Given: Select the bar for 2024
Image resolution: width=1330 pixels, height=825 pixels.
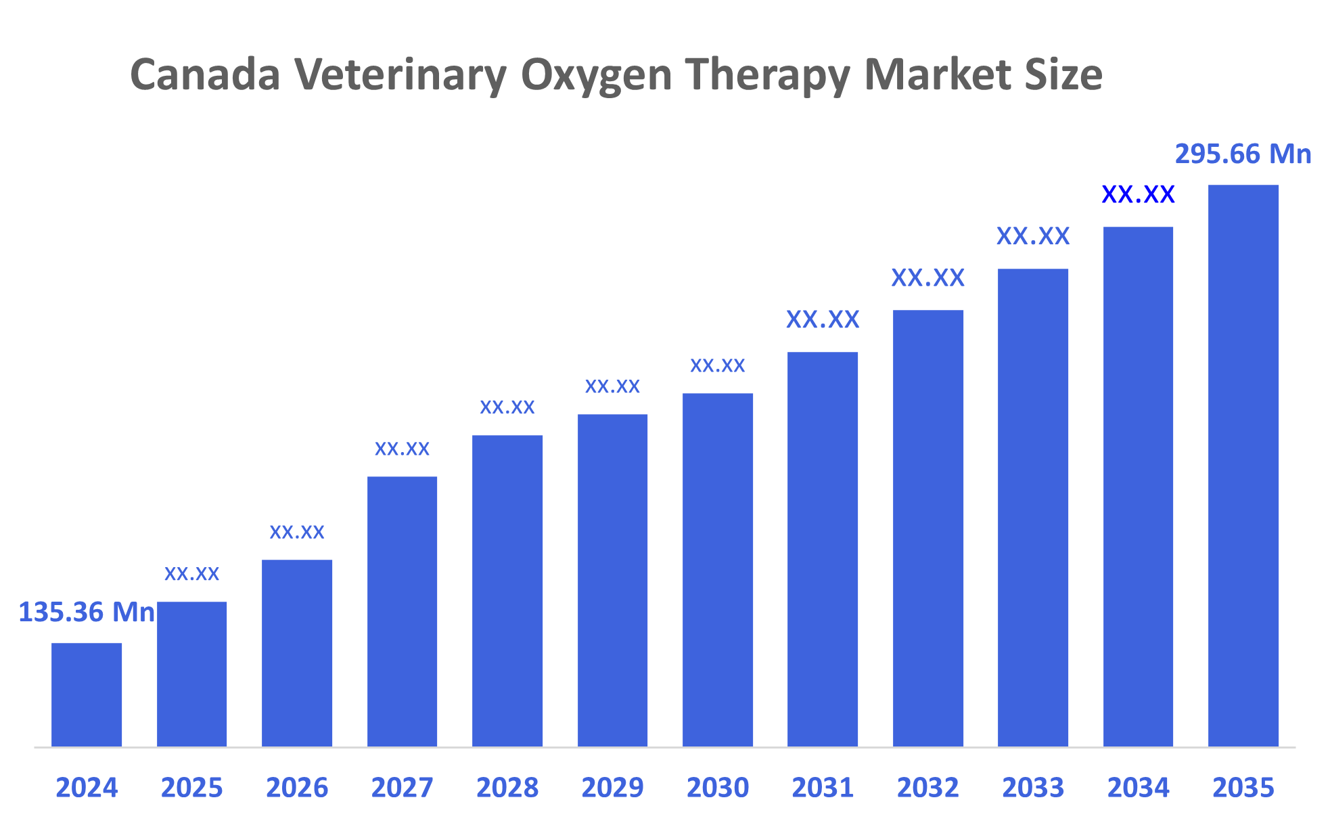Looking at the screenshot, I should [x=87, y=694].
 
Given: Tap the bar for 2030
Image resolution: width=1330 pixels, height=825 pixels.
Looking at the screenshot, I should [x=717, y=570].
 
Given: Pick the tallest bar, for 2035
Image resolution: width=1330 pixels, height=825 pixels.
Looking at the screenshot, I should [x=1243, y=466].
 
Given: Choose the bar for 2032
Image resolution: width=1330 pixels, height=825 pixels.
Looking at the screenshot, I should [x=927, y=528].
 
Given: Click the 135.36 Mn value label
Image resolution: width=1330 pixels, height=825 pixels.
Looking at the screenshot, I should [x=87, y=612].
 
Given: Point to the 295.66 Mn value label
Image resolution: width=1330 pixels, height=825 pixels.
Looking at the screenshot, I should [x=1243, y=154].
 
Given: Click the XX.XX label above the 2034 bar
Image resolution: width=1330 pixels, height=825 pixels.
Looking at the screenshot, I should [x=1138, y=195].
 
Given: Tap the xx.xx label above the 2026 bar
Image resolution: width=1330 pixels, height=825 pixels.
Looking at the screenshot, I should [x=297, y=532].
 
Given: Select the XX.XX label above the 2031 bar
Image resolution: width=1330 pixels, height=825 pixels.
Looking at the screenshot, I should [x=823, y=319].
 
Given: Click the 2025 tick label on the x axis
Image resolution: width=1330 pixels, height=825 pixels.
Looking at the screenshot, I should [x=191, y=788].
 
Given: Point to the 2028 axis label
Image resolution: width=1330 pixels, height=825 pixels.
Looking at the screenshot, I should [x=507, y=788].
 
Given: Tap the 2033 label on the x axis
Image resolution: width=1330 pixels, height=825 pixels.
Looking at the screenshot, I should [x=1033, y=788].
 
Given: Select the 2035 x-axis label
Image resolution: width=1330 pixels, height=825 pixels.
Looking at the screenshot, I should [x=1243, y=788].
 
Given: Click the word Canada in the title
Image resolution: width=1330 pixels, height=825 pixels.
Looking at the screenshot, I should [x=205, y=74].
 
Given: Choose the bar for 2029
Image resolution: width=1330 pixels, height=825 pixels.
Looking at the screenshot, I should [x=612, y=580].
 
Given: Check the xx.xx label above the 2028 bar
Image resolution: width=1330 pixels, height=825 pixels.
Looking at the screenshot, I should [x=507, y=407].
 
